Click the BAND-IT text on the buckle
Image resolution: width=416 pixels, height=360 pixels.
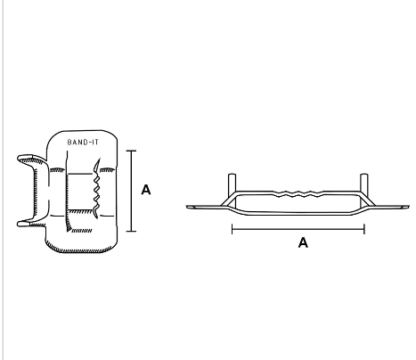coord(83,143)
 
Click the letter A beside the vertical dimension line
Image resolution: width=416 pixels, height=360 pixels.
coord(146,190)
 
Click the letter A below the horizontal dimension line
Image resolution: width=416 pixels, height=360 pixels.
coord(303,242)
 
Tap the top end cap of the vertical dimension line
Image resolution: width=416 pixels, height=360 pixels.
coord(131,151)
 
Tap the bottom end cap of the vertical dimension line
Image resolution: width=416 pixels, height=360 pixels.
coord(131,231)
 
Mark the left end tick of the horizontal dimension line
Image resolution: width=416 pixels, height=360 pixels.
coord(232,229)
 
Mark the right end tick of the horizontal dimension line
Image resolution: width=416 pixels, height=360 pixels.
coord(364,229)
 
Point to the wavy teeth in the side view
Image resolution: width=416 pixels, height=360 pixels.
coord(298,194)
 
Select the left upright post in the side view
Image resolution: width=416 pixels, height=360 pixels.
coord(232,190)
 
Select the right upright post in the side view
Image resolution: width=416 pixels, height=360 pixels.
coord(364,190)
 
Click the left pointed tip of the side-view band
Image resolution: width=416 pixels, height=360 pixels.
coord(188,207)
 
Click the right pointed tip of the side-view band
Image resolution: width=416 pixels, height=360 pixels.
coord(409,207)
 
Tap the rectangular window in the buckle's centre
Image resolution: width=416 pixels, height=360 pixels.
coord(80,192)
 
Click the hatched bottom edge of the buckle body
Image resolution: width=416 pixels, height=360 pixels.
coord(80,250)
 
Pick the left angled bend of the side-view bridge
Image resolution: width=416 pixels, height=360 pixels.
coord(229,199)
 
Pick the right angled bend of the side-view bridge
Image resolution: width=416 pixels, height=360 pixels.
coord(368,199)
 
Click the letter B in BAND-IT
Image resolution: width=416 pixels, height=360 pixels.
coord(69,143)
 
